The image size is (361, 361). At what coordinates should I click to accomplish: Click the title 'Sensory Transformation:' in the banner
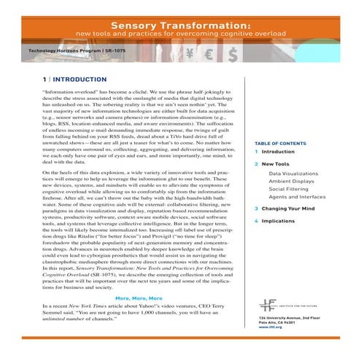coord(181,24)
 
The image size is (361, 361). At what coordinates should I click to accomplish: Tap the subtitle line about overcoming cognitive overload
coord(181,34)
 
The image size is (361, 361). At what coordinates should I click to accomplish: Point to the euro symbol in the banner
coord(209,53)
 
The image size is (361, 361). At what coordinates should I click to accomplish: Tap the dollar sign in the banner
coord(231,53)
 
